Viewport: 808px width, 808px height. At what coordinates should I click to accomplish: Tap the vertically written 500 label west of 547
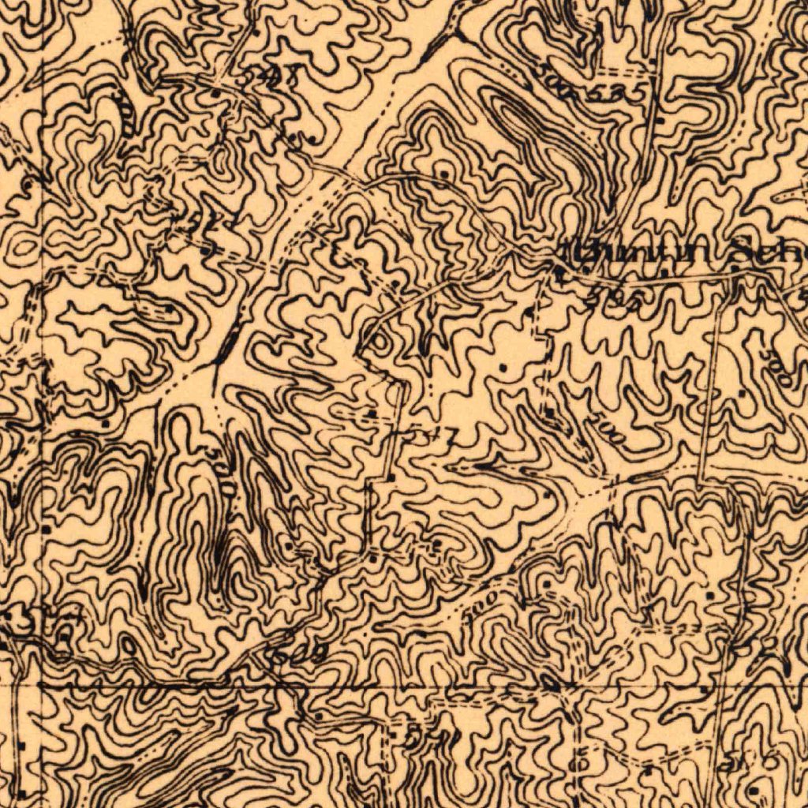point(223,473)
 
